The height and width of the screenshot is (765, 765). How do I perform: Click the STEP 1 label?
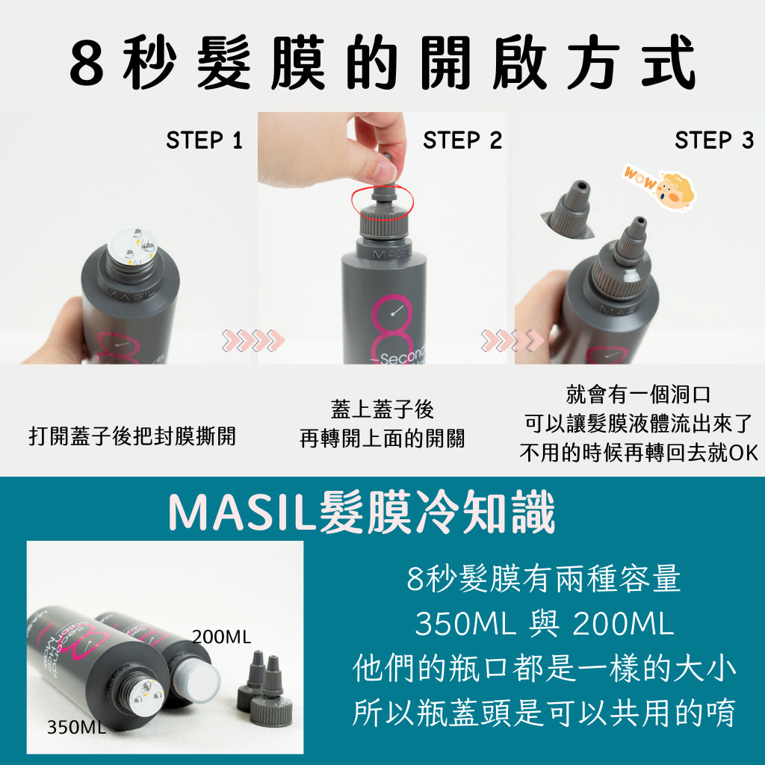coord(204,140)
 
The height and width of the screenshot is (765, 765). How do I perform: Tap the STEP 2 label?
coord(462,140)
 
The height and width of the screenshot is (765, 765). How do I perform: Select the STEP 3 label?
coord(713,140)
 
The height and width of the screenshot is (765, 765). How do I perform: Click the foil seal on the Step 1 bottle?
coord(132,245)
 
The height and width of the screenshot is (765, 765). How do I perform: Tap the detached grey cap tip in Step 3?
coord(568,209)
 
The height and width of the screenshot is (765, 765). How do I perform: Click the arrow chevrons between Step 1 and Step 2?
coord(253,340)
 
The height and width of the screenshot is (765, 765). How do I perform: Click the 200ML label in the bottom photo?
coord(221,637)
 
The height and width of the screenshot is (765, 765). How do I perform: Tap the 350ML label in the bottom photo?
coord(76,727)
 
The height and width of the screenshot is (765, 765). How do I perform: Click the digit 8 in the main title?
coord(87,64)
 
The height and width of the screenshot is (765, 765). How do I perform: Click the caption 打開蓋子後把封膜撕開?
coord(132,436)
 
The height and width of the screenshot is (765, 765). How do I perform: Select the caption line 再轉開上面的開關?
coord(382,438)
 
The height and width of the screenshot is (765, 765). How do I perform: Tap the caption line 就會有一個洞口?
coord(638,394)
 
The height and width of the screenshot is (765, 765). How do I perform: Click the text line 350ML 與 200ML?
coord(544,623)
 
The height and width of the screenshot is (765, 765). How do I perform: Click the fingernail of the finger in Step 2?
coord(384,172)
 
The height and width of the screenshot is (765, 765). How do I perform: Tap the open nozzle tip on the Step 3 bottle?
coord(638,224)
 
